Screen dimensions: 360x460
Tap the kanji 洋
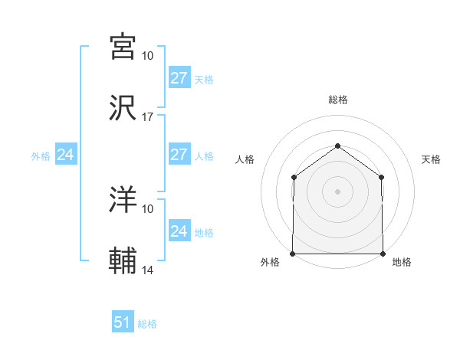click(x=123, y=200)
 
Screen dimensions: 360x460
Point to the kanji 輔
click(x=123, y=262)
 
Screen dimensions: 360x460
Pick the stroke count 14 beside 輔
click(x=147, y=270)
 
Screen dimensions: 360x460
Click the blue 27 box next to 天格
click(x=179, y=78)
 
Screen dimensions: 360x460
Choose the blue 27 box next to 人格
click(x=179, y=155)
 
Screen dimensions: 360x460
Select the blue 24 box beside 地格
click(x=179, y=231)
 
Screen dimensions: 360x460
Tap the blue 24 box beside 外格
click(x=66, y=155)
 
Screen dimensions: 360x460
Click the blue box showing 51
click(x=123, y=322)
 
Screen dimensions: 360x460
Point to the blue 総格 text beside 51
click(x=147, y=324)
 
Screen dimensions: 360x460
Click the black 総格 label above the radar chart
click(x=337, y=100)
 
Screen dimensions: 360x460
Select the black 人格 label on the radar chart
click(x=245, y=159)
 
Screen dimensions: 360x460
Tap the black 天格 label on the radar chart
click(x=431, y=159)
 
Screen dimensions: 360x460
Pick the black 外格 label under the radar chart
click(x=270, y=262)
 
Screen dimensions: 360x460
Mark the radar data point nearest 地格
click(x=383, y=254)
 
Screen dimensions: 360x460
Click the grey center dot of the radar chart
click(x=337, y=191)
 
